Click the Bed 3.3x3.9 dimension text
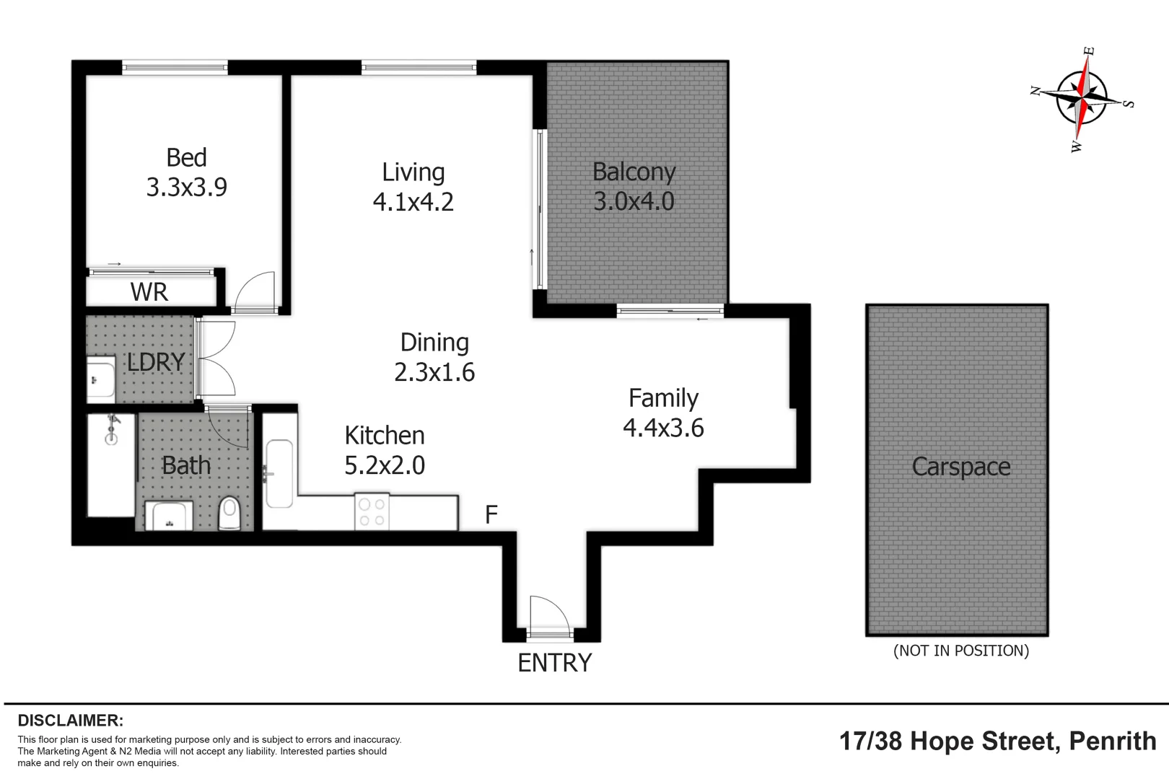point(186,188)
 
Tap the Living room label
point(413,172)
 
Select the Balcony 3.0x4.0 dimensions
point(634,201)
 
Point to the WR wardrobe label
point(149,292)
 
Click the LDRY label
point(156,361)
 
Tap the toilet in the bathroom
point(229,512)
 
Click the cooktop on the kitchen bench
point(372,512)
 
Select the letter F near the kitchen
point(491,514)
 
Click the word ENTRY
point(554,662)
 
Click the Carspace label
point(960,467)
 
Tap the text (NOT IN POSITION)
point(960,651)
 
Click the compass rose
point(1081,98)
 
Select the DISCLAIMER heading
point(71,720)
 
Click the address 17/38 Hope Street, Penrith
point(997,741)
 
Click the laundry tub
point(101,379)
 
